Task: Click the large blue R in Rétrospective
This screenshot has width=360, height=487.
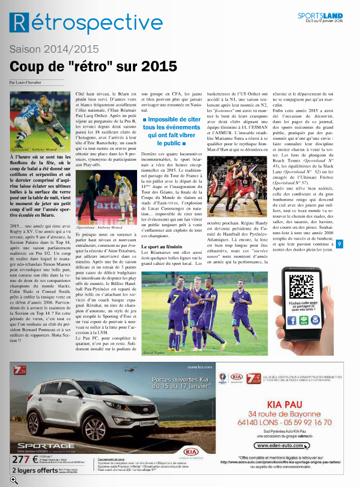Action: [x=19, y=23]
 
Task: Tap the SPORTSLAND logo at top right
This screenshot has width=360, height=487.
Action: [x=320, y=15]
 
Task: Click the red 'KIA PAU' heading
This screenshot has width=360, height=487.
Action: [x=285, y=404]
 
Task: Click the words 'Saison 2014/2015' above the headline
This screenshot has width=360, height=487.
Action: [x=54, y=49]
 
